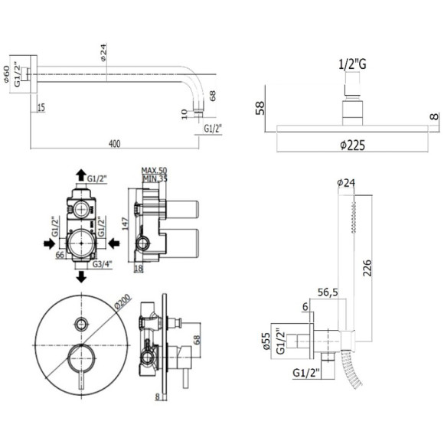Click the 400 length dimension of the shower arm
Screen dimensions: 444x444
(115, 143)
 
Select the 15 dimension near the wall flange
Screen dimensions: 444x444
(41, 106)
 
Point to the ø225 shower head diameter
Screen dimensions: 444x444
(350, 145)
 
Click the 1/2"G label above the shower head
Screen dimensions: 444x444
(351, 65)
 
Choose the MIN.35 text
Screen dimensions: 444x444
(154, 179)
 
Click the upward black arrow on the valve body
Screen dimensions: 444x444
(80, 176)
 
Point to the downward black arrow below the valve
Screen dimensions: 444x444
(80, 275)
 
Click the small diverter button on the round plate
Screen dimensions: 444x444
(80, 321)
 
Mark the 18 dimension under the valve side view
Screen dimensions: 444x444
(138, 269)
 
